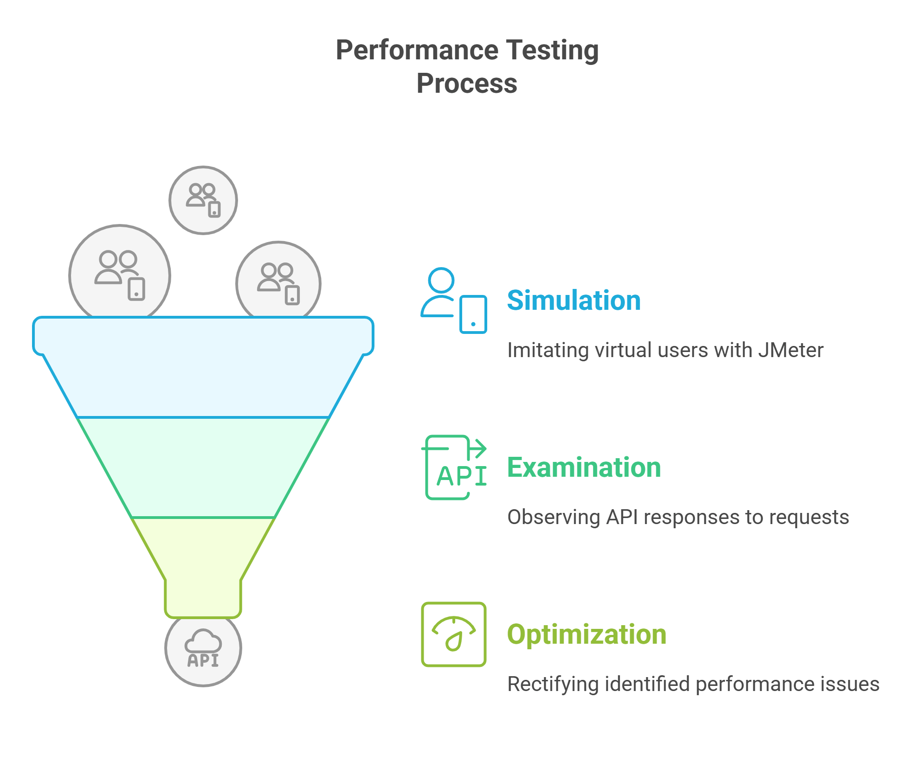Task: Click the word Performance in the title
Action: [x=417, y=50]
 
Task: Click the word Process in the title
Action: [x=467, y=83]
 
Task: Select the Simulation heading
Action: [x=574, y=300]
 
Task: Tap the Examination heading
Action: [x=584, y=467]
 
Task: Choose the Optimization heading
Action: [x=587, y=634]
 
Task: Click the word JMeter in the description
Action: [x=791, y=350]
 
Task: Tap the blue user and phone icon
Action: [x=454, y=301]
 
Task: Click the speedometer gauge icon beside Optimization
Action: [x=454, y=634]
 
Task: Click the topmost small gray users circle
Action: [x=203, y=200]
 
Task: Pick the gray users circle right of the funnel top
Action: [x=278, y=280]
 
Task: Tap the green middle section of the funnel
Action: [x=203, y=467]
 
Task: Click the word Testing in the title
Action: [x=552, y=50]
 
